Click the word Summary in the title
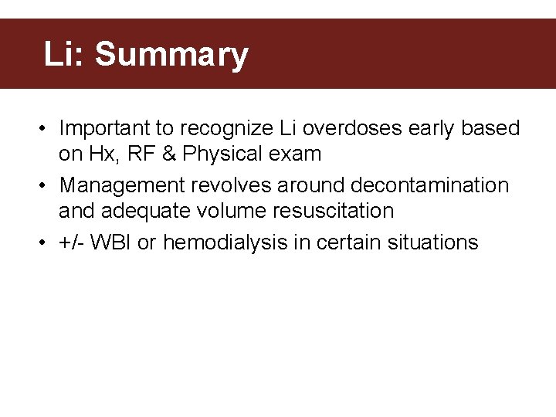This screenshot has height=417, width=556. coord(171,56)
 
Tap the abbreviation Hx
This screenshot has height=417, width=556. coord(102,154)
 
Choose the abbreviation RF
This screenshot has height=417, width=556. coord(141,154)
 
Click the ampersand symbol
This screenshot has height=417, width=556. coord(171,154)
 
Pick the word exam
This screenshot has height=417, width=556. coord(295,154)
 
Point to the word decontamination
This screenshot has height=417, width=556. coord(429,185)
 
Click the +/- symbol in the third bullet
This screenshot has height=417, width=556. coord(71,242)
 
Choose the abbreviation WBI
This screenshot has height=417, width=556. coord(111,242)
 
